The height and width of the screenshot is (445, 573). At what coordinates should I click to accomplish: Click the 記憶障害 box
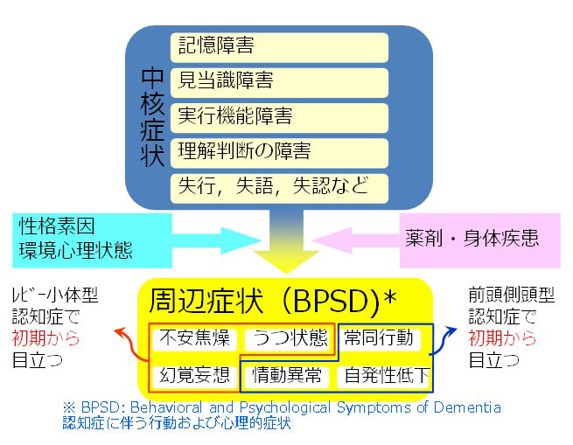click(279, 47)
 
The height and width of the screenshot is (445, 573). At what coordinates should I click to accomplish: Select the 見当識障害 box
click(279, 82)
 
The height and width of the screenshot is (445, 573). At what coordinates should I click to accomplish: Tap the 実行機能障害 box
click(279, 118)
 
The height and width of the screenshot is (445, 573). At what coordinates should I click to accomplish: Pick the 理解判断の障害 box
click(279, 153)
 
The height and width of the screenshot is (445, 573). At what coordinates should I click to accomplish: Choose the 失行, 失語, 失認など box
click(279, 189)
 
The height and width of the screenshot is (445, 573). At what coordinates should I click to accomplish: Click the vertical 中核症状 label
click(152, 117)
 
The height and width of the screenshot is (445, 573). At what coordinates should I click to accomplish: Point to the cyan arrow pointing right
click(216, 240)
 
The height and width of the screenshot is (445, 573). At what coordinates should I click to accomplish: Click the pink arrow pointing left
click(356, 240)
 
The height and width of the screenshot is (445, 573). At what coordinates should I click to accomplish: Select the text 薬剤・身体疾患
click(472, 238)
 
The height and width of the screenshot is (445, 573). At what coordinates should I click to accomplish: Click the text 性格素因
click(57, 226)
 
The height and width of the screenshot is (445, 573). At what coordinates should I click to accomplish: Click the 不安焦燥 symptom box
click(194, 338)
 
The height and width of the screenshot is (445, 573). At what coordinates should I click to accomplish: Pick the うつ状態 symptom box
click(287, 338)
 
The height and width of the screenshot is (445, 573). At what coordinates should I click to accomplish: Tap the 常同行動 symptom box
click(379, 338)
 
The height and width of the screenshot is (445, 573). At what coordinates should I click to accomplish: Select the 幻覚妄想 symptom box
click(194, 376)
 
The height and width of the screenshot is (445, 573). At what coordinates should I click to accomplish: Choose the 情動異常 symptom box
click(287, 376)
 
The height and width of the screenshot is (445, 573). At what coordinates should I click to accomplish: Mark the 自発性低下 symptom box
click(383, 376)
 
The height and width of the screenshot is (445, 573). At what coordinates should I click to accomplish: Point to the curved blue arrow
click(442, 342)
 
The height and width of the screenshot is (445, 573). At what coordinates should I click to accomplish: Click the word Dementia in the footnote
click(467, 407)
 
